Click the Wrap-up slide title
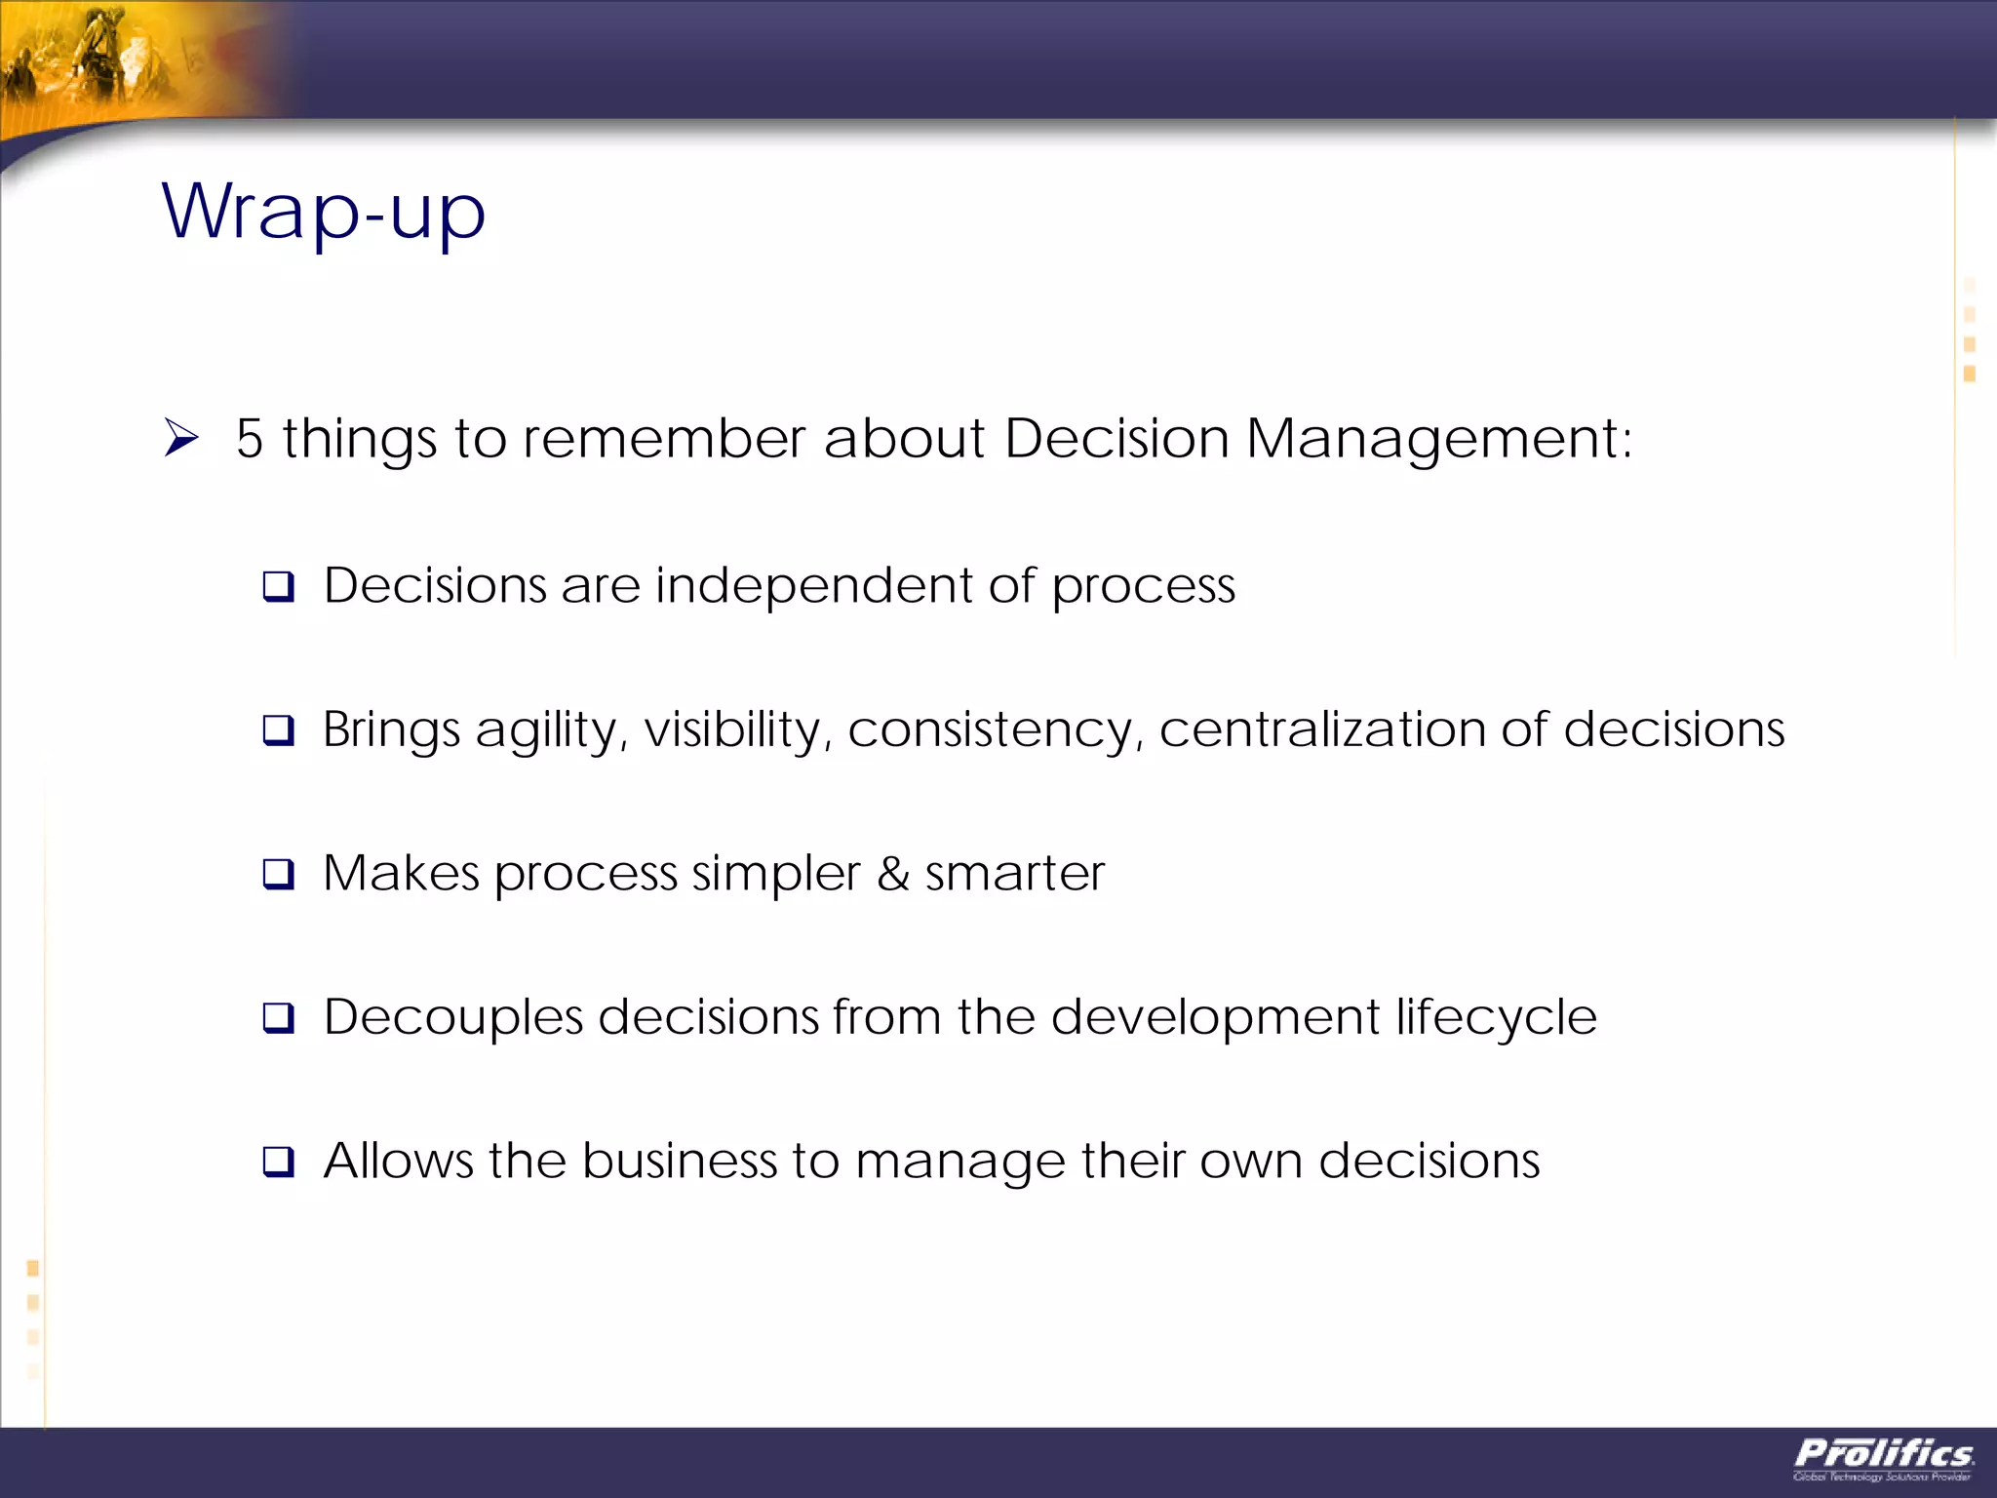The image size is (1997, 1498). point(323,212)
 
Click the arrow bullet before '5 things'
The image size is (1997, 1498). point(181,438)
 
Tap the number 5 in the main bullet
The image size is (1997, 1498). point(250,439)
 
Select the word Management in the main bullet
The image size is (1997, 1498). point(1438,439)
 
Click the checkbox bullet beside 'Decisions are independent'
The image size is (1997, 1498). point(279,587)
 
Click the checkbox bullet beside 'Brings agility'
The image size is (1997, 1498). point(279,730)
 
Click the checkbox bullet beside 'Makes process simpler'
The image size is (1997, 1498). point(279,874)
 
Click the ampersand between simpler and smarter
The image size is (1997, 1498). point(893,874)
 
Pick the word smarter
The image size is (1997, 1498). point(1014,874)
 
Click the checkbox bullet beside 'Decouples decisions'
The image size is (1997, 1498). point(279,1018)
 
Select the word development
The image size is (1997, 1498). point(1215,1018)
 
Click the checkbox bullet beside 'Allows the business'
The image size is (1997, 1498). point(279,1162)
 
